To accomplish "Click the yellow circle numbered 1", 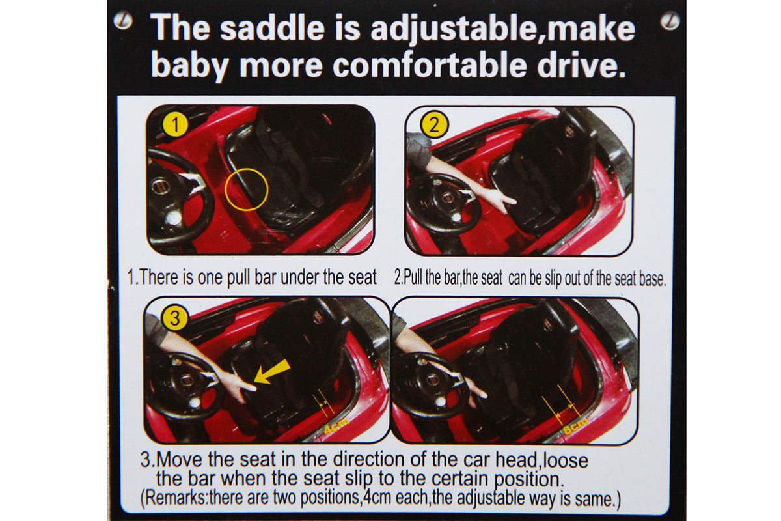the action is (175, 124).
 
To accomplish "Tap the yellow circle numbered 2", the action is (434, 124).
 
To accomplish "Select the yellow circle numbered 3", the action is (174, 318).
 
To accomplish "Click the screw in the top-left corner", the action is (123, 20).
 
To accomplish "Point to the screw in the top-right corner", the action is (670, 21).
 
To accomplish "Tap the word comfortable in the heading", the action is (430, 66).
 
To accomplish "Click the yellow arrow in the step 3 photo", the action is (271, 372).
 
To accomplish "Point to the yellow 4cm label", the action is (336, 427).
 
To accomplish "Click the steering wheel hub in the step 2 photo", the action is (447, 199).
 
